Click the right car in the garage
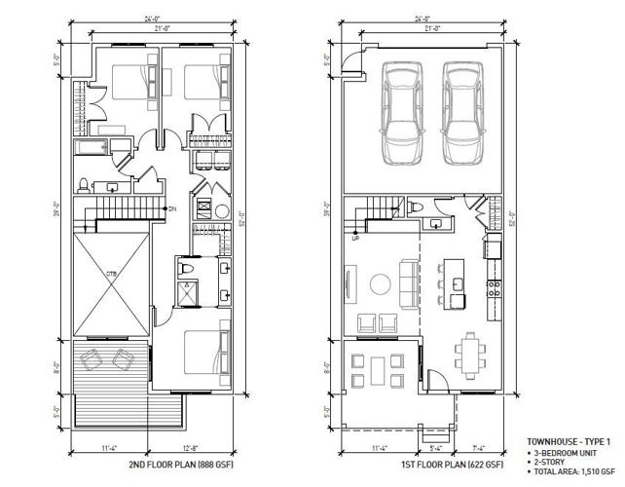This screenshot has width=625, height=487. pos(462,113)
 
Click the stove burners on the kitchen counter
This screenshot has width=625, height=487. pos(493,288)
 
